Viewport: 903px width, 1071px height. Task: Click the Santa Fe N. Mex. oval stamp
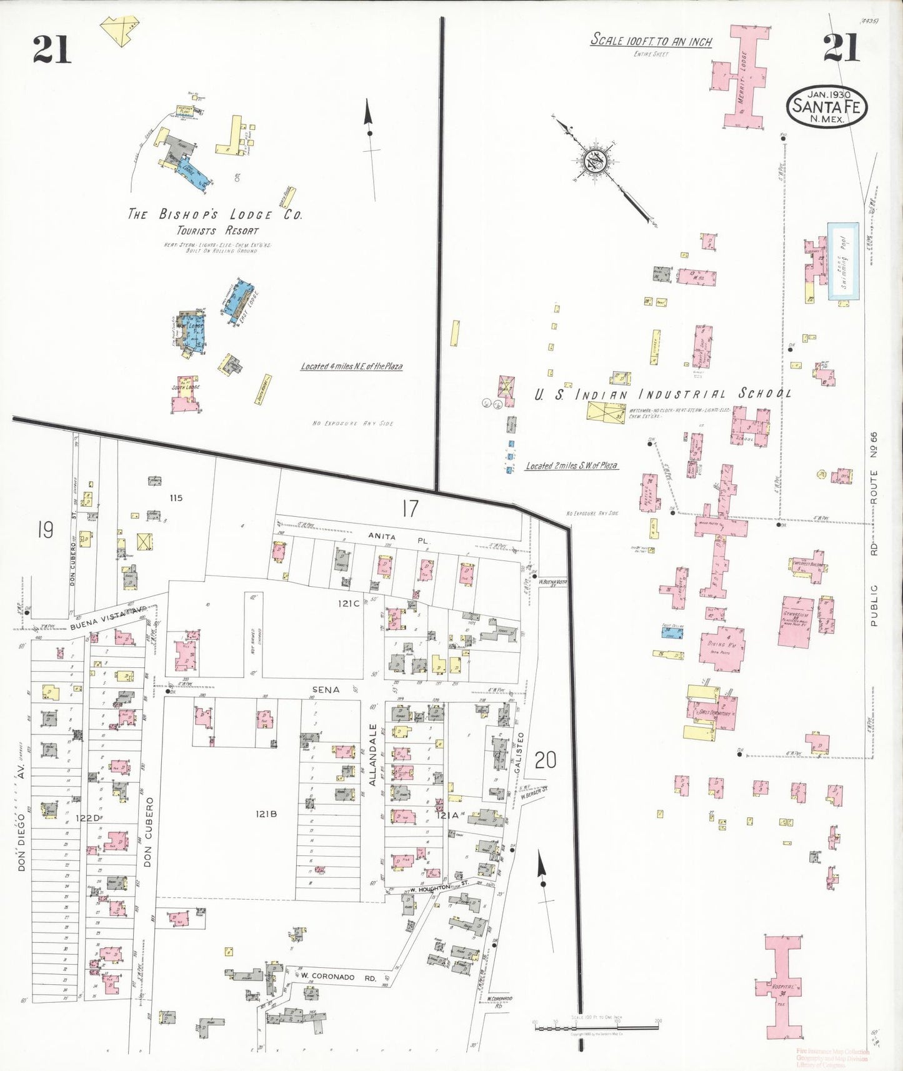(826, 107)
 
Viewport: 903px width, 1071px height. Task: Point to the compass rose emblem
(594, 161)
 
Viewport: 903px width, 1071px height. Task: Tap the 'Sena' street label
(326, 690)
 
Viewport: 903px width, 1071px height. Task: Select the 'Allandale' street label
(373, 754)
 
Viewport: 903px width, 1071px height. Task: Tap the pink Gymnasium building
(796, 622)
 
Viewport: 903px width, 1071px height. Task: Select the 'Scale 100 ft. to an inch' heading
(651, 41)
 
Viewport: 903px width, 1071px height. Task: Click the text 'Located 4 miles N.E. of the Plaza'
(351, 367)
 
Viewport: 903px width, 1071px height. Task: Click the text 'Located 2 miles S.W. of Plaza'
(571, 466)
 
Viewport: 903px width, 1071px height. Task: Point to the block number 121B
(266, 814)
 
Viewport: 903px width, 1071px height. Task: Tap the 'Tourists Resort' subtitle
(217, 231)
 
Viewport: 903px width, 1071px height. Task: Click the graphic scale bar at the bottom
(597, 1024)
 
